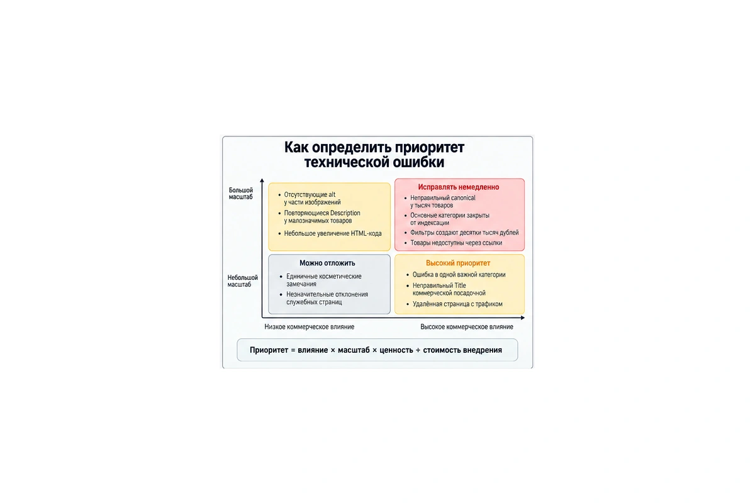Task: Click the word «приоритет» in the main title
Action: click(x=429, y=148)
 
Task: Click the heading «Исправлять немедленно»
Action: click(x=459, y=187)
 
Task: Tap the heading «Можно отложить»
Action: click(x=327, y=263)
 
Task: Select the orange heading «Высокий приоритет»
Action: click(x=458, y=263)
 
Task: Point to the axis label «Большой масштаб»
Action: click(x=240, y=194)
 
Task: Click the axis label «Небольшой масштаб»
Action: click(x=242, y=281)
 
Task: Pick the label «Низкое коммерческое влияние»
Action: click(x=309, y=326)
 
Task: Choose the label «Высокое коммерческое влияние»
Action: click(x=466, y=326)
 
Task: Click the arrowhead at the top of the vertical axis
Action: click(x=262, y=180)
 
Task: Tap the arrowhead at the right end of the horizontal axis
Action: click(x=523, y=318)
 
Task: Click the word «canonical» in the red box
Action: click(x=461, y=198)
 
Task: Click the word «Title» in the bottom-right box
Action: click(x=460, y=285)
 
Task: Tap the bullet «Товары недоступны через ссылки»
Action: click(x=456, y=243)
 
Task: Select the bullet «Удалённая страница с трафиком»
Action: click(x=457, y=304)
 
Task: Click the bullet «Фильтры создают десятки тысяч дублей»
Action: click(x=464, y=233)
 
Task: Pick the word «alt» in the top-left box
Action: click(x=332, y=194)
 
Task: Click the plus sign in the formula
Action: click(x=418, y=350)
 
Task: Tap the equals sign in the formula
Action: click(x=293, y=350)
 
